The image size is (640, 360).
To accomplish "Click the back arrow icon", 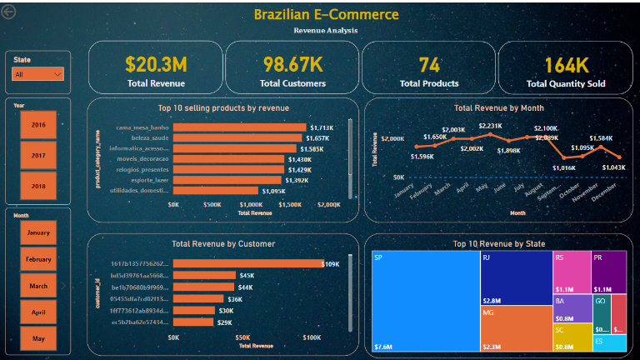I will pos(9,12).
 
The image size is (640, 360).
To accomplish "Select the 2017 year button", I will pos(38,155).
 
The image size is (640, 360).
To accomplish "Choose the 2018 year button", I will pos(38,186).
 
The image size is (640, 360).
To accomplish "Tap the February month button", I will pos(38,259).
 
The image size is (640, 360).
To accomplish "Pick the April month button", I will pos(38,312).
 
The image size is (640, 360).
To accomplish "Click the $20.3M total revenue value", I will pos(155,64).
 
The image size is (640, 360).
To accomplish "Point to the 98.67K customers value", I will pos(292,64).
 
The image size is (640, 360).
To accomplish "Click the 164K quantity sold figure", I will pos(566,65).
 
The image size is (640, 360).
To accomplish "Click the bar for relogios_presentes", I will pos(229,169).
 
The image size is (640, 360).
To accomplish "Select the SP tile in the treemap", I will pos(425,301).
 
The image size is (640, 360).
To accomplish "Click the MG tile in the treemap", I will pos(516,328).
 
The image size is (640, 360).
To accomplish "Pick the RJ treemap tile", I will pos(516,278).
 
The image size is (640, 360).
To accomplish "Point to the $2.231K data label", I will pos(490,126).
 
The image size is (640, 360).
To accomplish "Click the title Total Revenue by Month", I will pos(498,107).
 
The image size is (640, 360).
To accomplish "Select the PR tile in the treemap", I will pos(608,272).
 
